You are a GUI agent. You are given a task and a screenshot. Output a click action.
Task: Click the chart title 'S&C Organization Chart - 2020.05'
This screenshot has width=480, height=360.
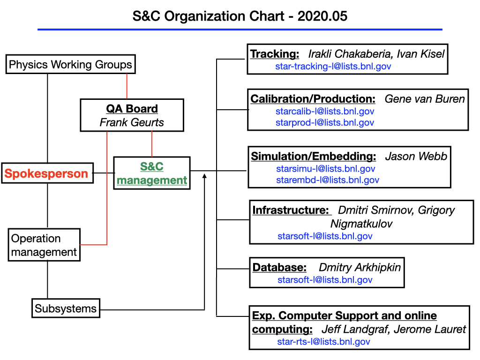(x=240, y=16)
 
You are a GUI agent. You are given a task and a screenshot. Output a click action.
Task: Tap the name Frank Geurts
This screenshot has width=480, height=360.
(x=132, y=122)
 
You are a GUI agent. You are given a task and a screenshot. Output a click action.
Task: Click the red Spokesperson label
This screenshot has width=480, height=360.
(x=46, y=173)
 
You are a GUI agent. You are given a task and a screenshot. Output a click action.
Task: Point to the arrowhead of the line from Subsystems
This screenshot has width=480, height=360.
(x=204, y=176)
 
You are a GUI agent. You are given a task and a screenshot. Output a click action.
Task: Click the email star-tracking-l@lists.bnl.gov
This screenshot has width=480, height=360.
(x=333, y=66)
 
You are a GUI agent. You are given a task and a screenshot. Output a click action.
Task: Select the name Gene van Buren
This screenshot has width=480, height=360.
(x=425, y=99)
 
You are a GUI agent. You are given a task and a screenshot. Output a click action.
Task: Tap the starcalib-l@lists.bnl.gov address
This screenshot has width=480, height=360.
(x=325, y=111)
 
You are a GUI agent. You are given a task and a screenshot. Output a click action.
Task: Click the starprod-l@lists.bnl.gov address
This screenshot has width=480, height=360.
(x=325, y=122)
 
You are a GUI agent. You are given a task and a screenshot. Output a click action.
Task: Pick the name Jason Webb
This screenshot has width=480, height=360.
(x=416, y=156)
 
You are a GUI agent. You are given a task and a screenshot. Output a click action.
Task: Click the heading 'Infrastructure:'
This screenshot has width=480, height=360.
(x=291, y=210)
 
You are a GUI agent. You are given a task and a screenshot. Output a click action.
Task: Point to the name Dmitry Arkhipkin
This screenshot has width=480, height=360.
(x=360, y=268)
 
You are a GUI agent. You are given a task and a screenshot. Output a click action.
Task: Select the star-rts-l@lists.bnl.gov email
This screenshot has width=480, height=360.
(x=323, y=342)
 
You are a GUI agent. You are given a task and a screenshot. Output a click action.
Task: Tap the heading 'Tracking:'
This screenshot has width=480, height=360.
(x=275, y=54)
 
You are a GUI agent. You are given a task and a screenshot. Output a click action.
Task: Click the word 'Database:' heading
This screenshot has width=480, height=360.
(x=279, y=267)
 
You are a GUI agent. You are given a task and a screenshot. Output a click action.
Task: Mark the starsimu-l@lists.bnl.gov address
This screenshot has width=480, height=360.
(x=326, y=169)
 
